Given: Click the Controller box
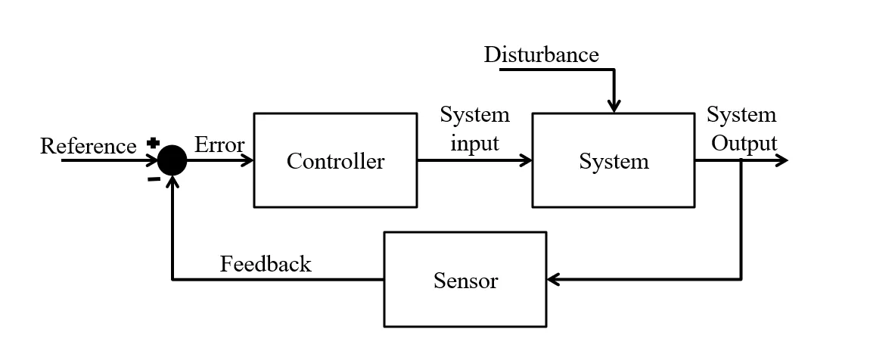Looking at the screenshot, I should pyautogui.click(x=334, y=160).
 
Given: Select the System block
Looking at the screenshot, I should pyautogui.click(x=613, y=160).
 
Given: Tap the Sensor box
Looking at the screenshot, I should pyautogui.click(x=465, y=280).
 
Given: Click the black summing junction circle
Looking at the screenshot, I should pyautogui.click(x=172, y=160).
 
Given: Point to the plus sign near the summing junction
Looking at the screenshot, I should pyautogui.click(x=153, y=143).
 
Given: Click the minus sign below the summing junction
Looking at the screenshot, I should pyautogui.click(x=154, y=179).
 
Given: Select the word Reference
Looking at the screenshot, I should pyautogui.click(x=88, y=145).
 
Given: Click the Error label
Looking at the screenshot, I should pyautogui.click(x=219, y=144).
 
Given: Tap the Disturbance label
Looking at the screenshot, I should pyautogui.click(x=541, y=54).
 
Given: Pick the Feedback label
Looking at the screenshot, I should pyautogui.click(x=266, y=264).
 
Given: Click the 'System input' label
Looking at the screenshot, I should pyautogui.click(x=475, y=129).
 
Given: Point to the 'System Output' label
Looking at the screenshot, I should pyautogui.click(x=741, y=129).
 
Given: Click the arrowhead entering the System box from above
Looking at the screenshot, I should pyautogui.click(x=614, y=106).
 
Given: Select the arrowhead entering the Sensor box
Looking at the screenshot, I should pyautogui.click(x=553, y=280).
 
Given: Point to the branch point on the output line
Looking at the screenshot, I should pyautogui.click(x=741, y=160).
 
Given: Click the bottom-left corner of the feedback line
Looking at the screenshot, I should pyautogui.click(x=172, y=280).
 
